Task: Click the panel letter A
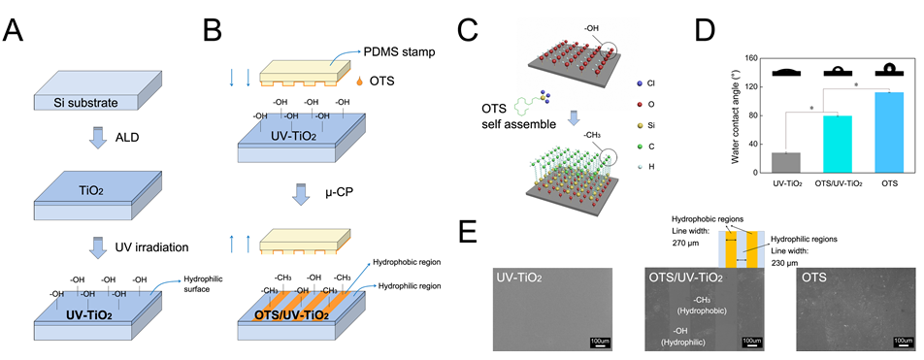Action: (15, 30)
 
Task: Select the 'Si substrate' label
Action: (86, 104)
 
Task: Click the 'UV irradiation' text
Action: (151, 247)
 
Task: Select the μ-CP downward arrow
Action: (301, 194)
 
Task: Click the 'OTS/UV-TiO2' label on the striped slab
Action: (292, 314)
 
